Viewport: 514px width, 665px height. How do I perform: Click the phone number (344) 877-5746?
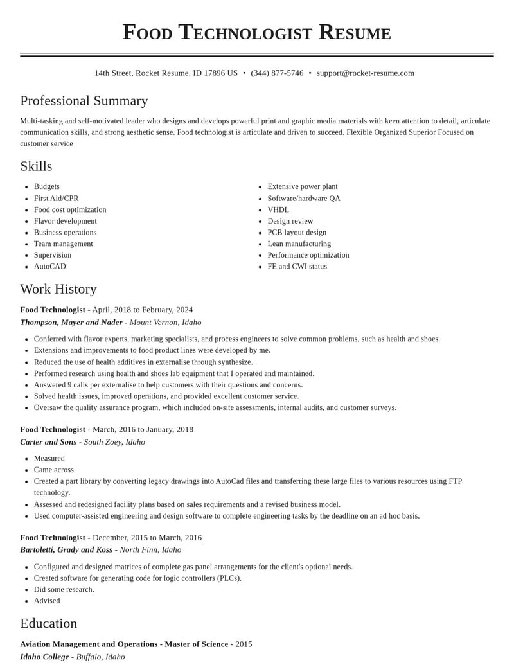pyautogui.click(x=277, y=73)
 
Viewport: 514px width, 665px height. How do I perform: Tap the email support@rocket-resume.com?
pyautogui.click(x=365, y=73)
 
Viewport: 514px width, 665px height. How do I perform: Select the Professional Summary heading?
pyautogui.click(x=84, y=101)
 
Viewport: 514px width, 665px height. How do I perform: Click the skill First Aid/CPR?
pyautogui.click(x=56, y=199)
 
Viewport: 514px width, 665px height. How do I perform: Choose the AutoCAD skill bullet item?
pyautogui.click(x=49, y=267)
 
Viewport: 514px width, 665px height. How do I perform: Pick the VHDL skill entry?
pyautogui.click(x=278, y=210)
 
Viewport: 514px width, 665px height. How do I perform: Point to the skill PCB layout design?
pyautogui.click(x=297, y=233)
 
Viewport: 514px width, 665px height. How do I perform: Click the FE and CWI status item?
pyautogui.click(x=297, y=267)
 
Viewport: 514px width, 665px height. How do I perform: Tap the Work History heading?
pyautogui.click(x=58, y=289)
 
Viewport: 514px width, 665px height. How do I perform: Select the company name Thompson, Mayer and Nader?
pyautogui.click(x=71, y=323)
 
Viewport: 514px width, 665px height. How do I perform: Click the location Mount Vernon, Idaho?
pyautogui.click(x=165, y=323)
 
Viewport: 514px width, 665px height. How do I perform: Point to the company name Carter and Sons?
pyautogui.click(x=48, y=442)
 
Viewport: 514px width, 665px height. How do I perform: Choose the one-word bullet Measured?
pyautogui.click(x=49, y=459)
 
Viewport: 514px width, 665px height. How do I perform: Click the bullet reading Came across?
pyautogui.click(x=53, y=470)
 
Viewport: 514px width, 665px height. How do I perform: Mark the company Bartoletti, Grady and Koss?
pyautogui.click(x=66, y=550)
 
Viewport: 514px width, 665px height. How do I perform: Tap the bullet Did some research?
pyautogui.click(x=64, y=590)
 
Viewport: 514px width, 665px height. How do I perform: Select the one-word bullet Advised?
pyautogui.click(x=47, y=601)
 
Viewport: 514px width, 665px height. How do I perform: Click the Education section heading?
pyautogui.click(x=49, y=623)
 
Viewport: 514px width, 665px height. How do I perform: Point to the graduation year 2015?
pyautogui.click(x=243, y=644)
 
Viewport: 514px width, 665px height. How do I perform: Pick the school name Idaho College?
pyautogui.click(x=44, y=657)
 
